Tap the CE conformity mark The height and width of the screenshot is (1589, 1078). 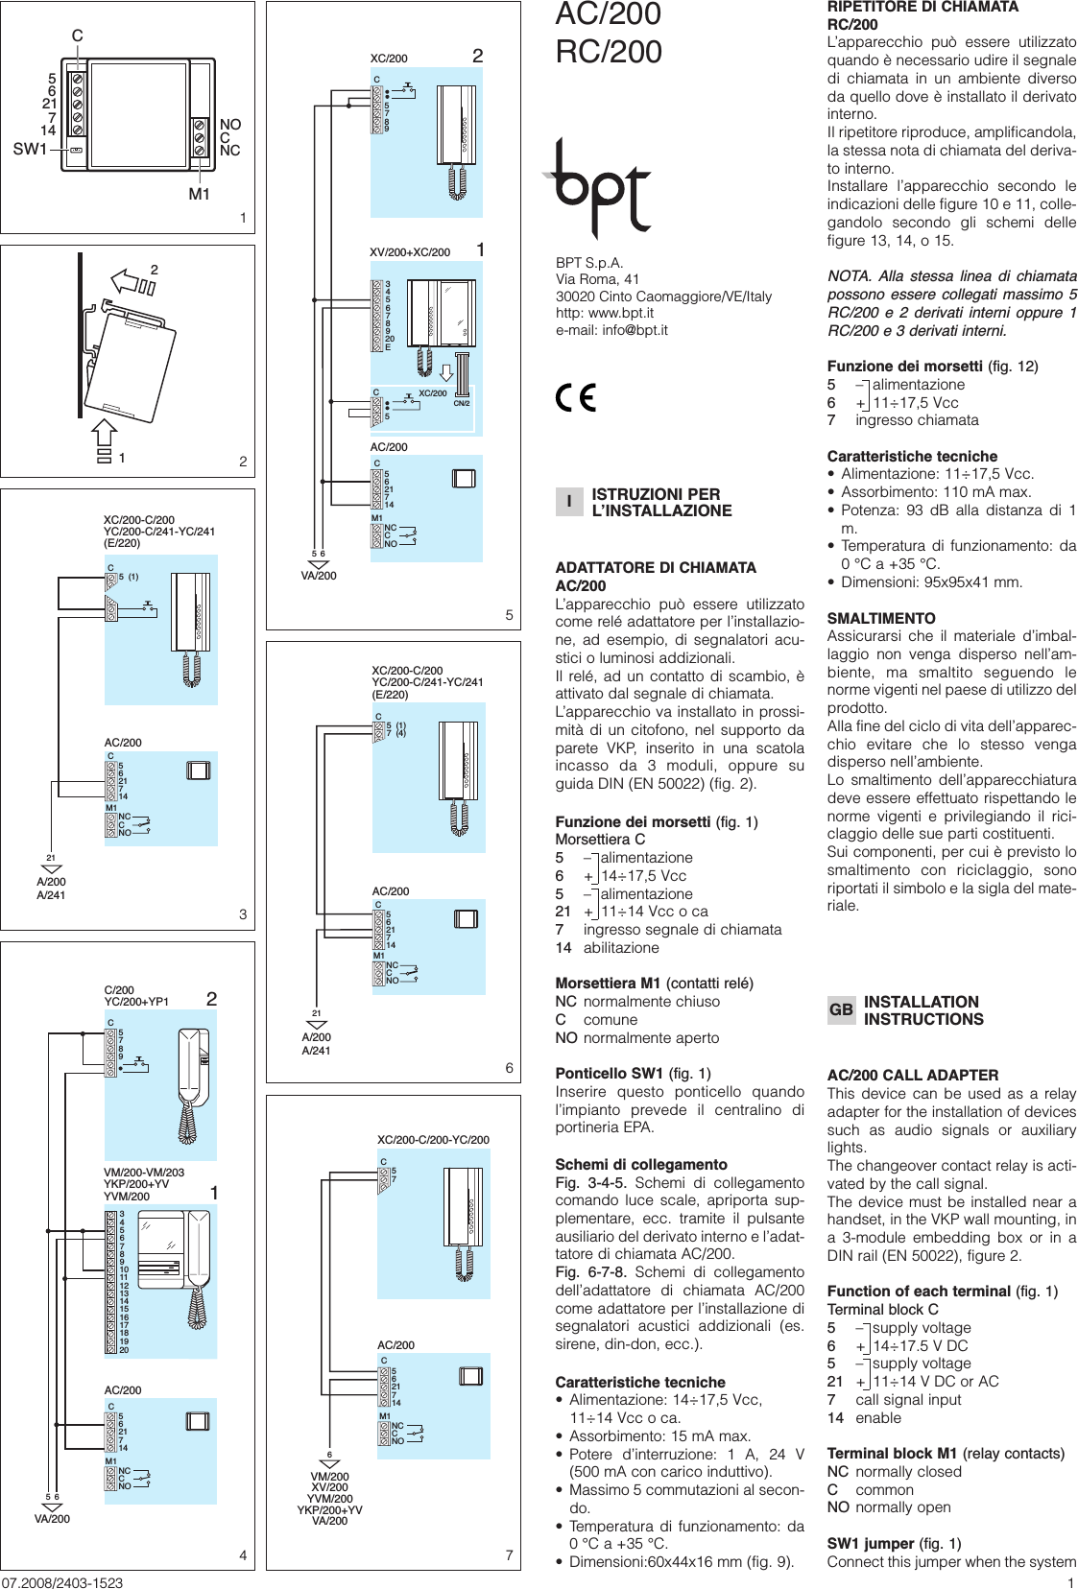point(576,397)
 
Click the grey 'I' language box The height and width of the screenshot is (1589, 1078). point(568,502)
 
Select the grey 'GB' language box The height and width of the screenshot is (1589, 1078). point(841,1009)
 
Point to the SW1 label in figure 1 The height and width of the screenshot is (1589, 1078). point(30,149)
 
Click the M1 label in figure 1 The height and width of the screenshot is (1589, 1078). point(199,194)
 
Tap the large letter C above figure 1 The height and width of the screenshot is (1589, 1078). point(78,36)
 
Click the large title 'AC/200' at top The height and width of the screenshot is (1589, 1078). point(609,14)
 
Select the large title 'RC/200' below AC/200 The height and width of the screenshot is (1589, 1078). point(609,52)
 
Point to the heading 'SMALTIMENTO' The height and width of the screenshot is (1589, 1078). point(881,619)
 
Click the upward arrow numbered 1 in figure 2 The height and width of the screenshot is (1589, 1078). point(104,438)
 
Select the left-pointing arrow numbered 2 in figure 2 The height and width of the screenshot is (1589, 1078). point(129,281)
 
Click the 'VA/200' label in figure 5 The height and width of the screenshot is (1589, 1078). point(319,576)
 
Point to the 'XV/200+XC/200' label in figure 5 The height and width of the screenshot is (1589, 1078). point(410,252)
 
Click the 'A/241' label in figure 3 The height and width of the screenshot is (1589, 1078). point(51,895)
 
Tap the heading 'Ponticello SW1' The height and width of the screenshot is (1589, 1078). point(609,1074)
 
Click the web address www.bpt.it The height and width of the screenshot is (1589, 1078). point(621,313)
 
